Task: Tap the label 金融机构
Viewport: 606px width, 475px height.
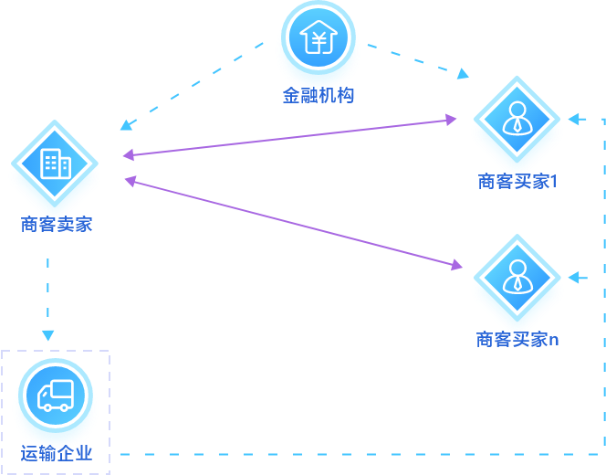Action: coord(318,95)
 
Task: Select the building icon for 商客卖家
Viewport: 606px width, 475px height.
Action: coord(55,164)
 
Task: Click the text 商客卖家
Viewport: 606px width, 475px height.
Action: coord(57,224)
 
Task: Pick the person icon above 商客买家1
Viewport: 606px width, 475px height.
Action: coord(517,119)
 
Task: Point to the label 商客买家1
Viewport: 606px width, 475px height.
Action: coord(517,181)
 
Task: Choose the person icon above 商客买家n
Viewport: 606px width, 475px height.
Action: coord(517,277)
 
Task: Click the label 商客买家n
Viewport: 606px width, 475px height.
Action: coord(517,339)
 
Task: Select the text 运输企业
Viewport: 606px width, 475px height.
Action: coord(57,453)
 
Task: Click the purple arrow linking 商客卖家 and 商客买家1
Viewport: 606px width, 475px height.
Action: coord(290,137)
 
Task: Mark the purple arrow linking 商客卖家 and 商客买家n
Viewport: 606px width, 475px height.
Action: coord(292,223)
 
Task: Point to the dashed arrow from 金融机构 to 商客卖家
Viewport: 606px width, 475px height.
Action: coord(193,84)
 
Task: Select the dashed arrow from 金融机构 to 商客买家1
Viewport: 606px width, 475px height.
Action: coord(416,58)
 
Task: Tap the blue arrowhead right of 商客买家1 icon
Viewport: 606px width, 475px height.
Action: coord(575,119)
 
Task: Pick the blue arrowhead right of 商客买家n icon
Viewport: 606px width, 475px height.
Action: coord(575,277)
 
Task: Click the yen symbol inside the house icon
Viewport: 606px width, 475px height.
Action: coord(318,40)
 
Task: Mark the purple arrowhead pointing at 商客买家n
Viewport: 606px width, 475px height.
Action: coord(455,266)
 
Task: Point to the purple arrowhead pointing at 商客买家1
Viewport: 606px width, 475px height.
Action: coord(450,119)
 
